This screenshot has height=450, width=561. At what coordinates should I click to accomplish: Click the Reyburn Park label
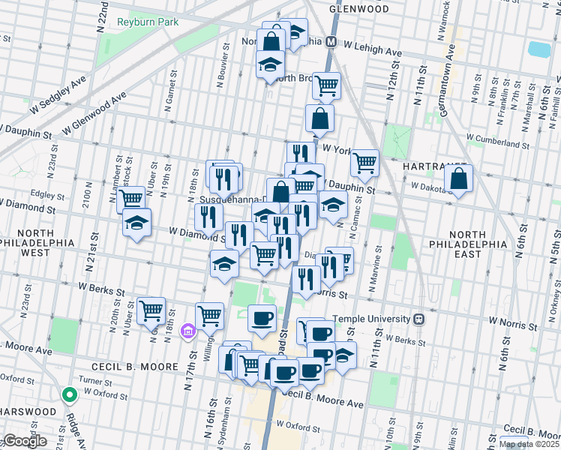pyautogui.click(x=148, y=22)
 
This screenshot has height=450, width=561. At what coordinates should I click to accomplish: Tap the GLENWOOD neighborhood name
pyautogui.click(x=359, y=9)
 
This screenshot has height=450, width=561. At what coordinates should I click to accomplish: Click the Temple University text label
pyautogui.click(x=373, y=318)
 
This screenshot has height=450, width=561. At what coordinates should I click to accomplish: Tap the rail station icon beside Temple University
pyautogui.click(x=420, y=318)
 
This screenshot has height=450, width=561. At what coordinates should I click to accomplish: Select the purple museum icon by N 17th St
pyautogui.click(x=187, y=331)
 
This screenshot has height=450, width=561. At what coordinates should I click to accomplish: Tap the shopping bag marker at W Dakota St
pyautogui.click(x=458, y=179)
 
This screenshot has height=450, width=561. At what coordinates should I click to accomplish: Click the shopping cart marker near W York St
pyautogui.click(x=364, y=162)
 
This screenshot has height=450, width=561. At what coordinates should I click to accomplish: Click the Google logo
pyautogui.click(x=24, y=441)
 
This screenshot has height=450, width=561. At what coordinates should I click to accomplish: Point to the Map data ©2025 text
pyautogui.click(x=529, y=444)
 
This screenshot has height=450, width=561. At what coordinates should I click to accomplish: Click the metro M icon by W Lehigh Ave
pyautogui.click(x=331, y=43)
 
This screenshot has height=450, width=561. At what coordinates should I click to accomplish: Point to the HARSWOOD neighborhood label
pyautogui.click(x=28, y=412)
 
